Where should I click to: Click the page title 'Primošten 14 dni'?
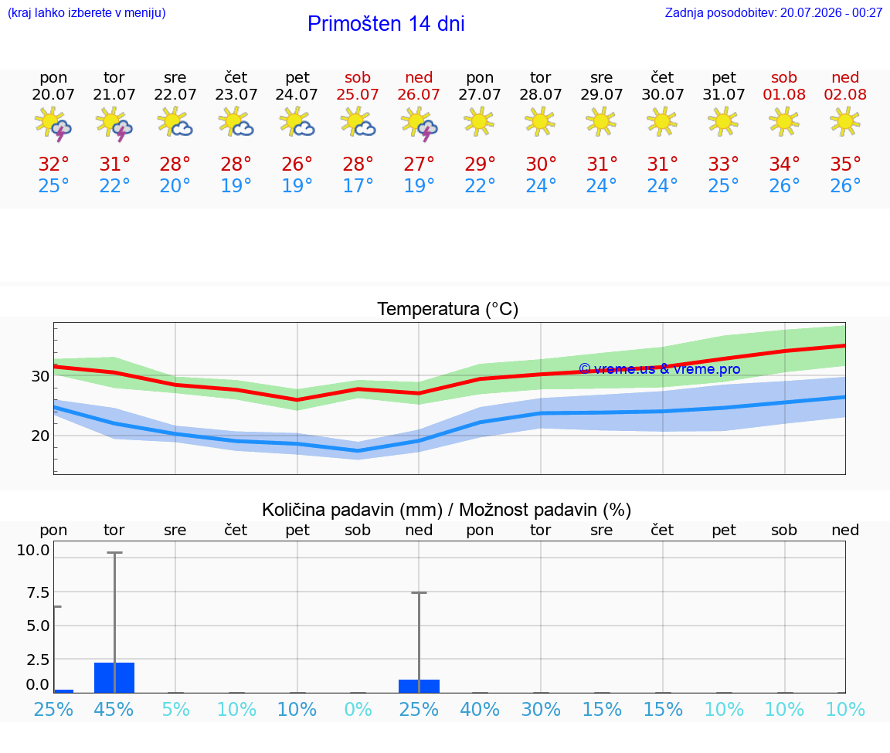coord(386,24)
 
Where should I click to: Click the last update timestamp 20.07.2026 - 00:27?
coord(831,12)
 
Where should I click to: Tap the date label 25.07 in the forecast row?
coord(358,94)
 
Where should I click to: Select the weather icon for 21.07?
coord(114,124)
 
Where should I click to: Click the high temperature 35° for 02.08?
coord(845,164)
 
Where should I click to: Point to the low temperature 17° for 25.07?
coord(358,185)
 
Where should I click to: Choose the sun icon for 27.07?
coord(479,121)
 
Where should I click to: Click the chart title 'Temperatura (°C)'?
coord(448,309)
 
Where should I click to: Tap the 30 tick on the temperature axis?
coord(40,376)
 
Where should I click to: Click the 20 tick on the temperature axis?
coord(40,436)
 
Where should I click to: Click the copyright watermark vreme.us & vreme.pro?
coord(660,369)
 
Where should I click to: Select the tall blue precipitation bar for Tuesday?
coord(114,677)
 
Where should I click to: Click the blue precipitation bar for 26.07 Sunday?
coord(419,686)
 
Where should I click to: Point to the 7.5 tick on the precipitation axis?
coord(38,592)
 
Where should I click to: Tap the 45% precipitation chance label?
coord(114,709)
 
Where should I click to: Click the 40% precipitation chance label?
coord(480,709)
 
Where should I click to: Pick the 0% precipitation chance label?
coord(358,709)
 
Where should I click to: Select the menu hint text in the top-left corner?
coord(87,12)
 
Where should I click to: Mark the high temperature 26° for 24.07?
coord(297,164)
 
